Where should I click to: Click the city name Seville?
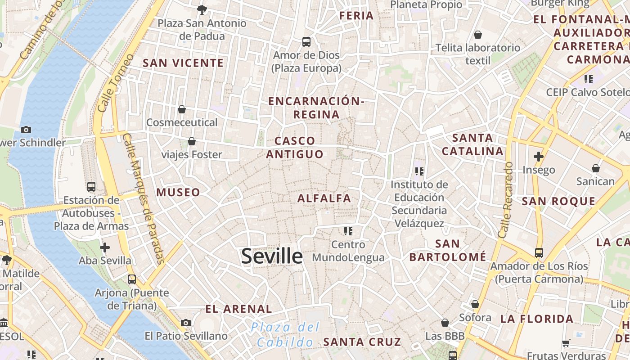tap(272, 256)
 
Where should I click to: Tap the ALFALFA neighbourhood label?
tap(324, 198)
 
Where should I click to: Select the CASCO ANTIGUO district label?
tap(295, 148)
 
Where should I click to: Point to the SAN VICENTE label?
tap(183, 63)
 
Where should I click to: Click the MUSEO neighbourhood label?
tap(178, 192)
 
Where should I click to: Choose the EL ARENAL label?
tap(238, 309)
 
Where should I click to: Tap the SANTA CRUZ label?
tap(362, 342)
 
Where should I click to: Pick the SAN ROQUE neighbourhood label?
tap(558, 201)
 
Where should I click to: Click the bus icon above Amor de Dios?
tap(306, 42)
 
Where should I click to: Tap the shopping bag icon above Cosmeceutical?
tap(182, 109)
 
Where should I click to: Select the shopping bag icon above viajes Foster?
tap(192, 141)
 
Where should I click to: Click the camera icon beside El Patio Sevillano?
tap(185, 323)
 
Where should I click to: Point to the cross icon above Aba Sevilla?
tap(105, 247)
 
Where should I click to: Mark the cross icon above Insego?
tap(539, 157)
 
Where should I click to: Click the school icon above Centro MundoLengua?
tap(348, 231)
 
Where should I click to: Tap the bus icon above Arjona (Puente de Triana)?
tap(132, 279)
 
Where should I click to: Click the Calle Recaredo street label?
tap(506, 200)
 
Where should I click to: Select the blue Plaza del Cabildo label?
tap(285, 334)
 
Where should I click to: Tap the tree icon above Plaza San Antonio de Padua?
tap(202, 9)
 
